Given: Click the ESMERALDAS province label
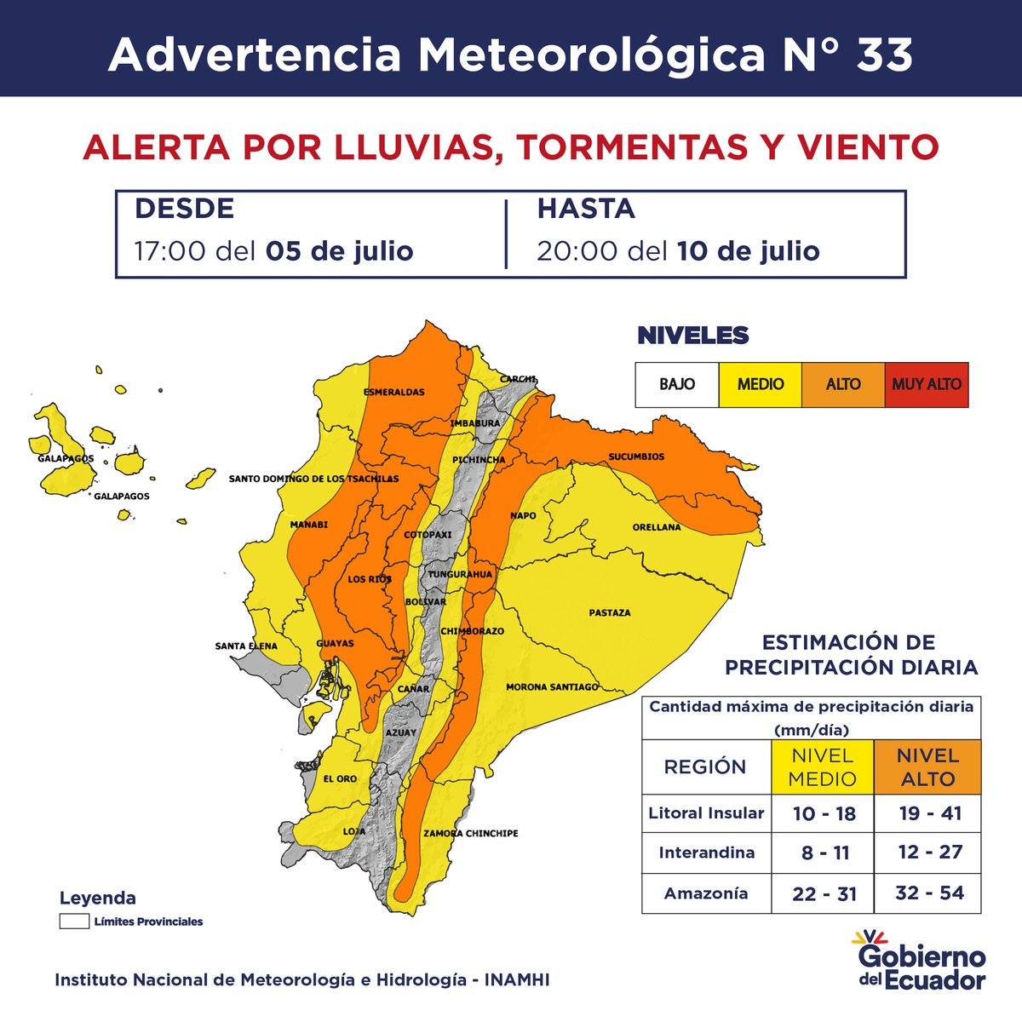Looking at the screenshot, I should (393, 393).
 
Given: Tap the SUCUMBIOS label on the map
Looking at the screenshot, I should (636, 457).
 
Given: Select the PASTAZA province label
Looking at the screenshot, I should (610, 613).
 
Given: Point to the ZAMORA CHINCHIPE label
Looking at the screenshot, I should (470, 834).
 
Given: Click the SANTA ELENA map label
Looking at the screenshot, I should (246, 646).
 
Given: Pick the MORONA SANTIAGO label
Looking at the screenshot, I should (552, 687).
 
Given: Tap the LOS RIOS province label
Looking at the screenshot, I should (370, 580).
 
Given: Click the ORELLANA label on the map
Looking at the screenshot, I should (657, 528).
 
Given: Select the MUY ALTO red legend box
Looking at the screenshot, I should (926, 384).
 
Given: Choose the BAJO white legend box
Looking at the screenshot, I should (677, 384).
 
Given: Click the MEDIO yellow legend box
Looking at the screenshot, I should (760, 384).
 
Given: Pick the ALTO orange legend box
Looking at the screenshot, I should (843, 384).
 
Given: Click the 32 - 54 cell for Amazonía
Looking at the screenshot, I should (929, 893).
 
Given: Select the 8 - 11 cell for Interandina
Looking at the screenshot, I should (823, 853).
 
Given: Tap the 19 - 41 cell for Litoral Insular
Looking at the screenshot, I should (929, 813).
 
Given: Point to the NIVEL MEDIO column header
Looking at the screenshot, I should (823, 766).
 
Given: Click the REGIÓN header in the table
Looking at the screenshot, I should (705, 766).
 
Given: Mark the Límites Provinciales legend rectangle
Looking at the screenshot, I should (74, 922).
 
